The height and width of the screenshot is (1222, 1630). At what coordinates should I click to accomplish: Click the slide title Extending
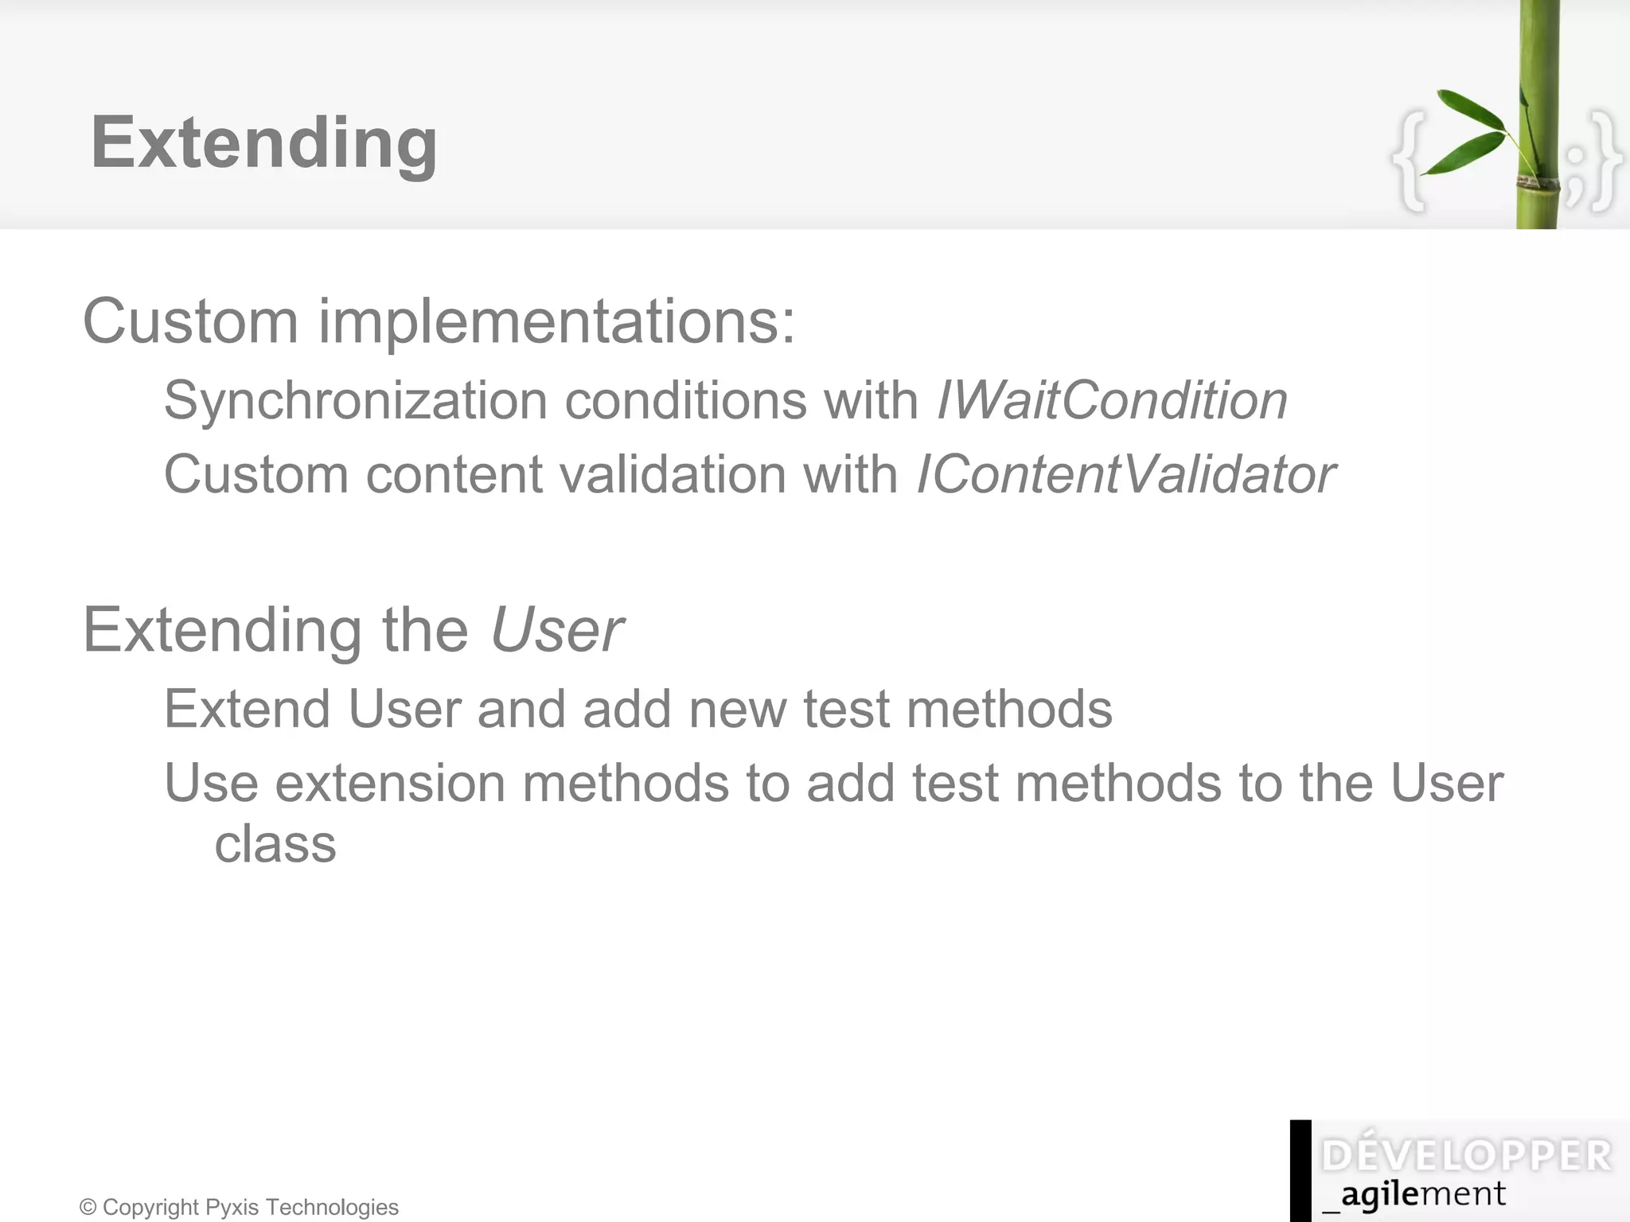click(x=263, y=143)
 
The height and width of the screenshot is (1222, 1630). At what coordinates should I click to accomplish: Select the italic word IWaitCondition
click(x=1112, y=399)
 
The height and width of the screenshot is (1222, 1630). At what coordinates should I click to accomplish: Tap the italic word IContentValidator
click(x=1125, y=474)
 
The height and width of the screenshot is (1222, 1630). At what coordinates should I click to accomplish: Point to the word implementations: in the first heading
click(x=556, y=321)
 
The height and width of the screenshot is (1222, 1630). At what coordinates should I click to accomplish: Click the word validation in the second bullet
click(x=673, y=474)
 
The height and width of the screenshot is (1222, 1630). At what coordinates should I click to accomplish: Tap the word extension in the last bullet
click(x=390, y=783)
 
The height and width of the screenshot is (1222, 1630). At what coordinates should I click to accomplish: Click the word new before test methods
click(x=739, y=708)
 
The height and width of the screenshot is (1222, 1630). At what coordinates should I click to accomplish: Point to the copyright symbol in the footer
click(x=88, y=1208)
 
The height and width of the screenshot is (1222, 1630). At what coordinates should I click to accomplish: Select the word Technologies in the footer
click(x=333, y=1208)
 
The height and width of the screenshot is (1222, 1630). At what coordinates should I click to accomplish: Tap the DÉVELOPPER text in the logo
click(x=1466, y=1156)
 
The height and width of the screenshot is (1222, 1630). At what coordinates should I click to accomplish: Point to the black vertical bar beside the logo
click(x=1300, y=1170)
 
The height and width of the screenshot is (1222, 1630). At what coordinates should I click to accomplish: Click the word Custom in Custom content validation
click(x=255, y=474)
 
